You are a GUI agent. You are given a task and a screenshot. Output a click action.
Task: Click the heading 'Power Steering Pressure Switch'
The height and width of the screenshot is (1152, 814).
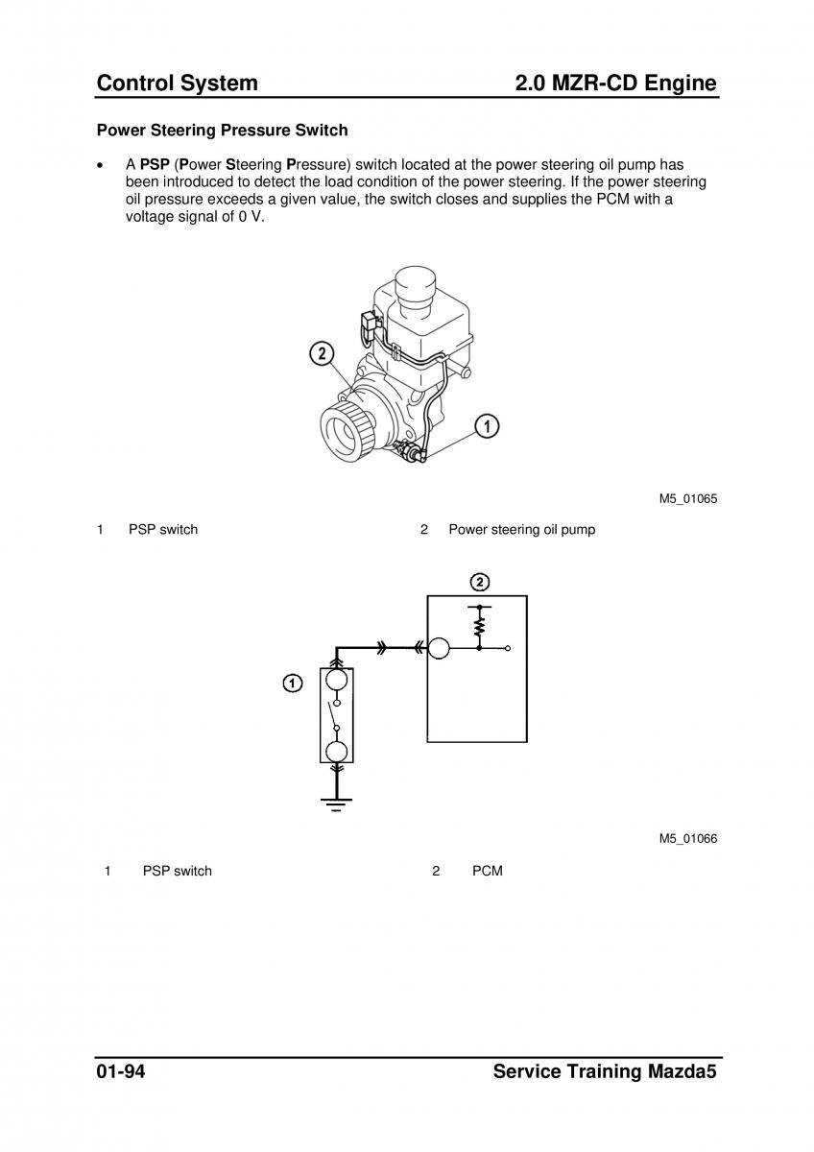point(222,131)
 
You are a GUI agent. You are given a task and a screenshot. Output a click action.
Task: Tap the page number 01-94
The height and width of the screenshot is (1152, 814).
point(121,1071)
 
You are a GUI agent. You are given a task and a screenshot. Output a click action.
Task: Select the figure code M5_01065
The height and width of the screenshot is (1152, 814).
point(688,498)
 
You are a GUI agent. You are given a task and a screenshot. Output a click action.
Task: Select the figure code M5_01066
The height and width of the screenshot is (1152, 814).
point(688,838)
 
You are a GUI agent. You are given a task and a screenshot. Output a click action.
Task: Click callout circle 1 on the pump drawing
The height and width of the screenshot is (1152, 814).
point(486,426)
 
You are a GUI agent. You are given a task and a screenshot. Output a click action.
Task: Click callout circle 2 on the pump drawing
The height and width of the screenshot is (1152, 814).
point(322,354)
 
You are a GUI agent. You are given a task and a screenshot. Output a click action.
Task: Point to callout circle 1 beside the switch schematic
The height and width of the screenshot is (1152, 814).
point(293,684)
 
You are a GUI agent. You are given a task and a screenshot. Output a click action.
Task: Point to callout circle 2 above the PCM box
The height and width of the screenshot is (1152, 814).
point(480,582)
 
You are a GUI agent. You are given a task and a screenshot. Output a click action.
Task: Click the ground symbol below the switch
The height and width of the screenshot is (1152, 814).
point(336,804)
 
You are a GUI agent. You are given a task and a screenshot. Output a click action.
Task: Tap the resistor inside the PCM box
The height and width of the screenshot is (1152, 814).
point(479,627)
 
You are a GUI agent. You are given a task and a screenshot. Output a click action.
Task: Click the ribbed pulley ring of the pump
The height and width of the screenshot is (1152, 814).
point(347,430)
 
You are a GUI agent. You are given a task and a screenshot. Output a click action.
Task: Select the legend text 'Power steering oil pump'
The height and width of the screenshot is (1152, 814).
point(522,529)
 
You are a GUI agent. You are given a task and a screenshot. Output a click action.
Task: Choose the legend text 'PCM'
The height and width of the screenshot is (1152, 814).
point(488,871)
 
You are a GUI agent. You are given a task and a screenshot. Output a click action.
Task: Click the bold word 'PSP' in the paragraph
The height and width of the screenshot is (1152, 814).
point(155,164)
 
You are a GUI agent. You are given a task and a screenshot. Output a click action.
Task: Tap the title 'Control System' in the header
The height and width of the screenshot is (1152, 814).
point(178,84)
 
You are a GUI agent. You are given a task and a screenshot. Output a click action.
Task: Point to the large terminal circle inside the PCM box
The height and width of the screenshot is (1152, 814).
point(439,648)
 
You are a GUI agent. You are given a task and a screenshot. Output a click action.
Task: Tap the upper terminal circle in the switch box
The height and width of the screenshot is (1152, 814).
point(337,680)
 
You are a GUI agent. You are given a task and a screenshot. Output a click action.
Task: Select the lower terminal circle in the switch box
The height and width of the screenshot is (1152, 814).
point(337,752)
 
